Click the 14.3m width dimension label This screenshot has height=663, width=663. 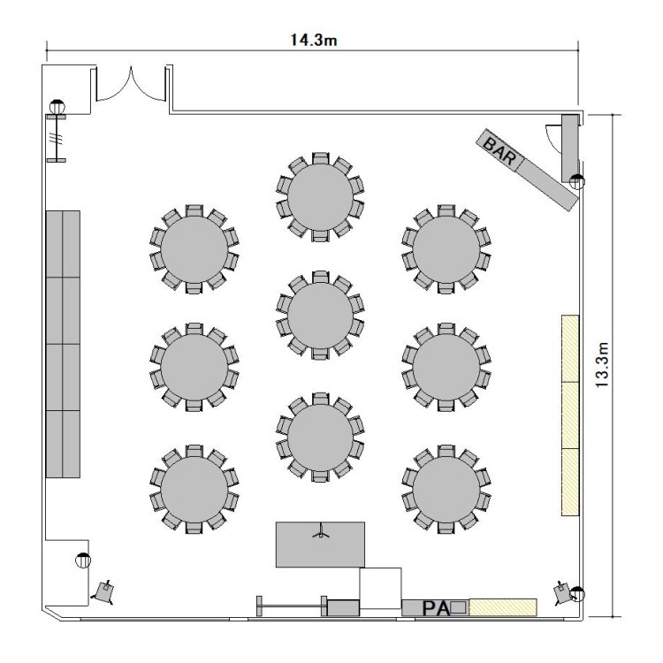(313, 40)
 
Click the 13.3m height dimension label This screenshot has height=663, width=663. (602, 364)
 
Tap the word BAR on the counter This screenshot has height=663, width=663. (499, 151)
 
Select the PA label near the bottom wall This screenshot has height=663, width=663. (436, 609)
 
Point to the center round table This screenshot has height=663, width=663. (320, 315)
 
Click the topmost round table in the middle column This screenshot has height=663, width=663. (320, 197)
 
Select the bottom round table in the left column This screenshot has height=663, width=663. (194, 489)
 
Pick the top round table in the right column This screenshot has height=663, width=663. (446, 249)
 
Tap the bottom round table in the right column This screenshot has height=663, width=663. (446, 489)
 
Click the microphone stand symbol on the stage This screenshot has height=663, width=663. (321, 531)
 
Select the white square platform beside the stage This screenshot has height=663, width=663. (380, 588)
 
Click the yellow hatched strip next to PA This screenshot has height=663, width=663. (503, 607)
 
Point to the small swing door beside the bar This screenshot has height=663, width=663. (552, 136)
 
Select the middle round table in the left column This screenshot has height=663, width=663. (194, 368)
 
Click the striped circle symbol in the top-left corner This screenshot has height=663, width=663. (57, 106)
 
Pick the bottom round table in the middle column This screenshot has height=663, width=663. (320, 438)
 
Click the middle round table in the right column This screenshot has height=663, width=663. (446, 368)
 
